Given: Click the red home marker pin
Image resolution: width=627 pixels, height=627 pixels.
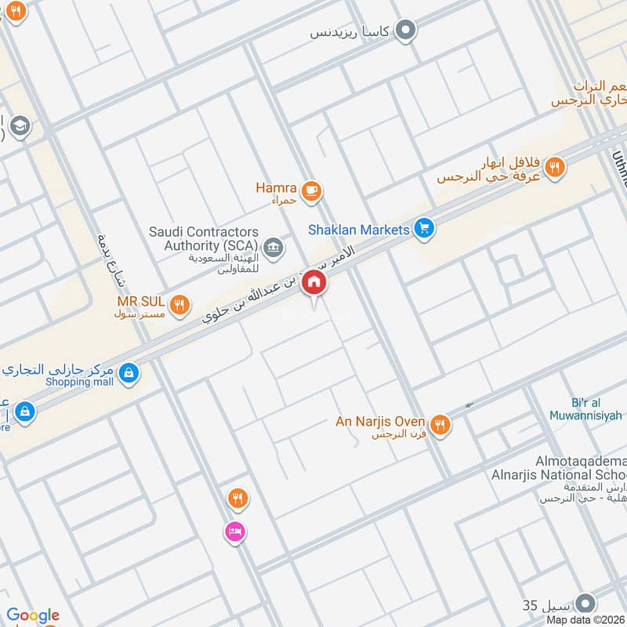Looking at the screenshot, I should pos(314,282).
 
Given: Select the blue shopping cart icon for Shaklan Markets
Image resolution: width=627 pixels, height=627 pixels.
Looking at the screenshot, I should pos(424,229).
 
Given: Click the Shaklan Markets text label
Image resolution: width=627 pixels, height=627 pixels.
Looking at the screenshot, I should pos(359,230).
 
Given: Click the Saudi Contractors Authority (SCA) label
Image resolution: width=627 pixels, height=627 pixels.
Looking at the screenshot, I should pos(204,239).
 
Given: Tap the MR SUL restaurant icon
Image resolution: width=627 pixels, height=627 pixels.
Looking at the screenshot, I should pos(179,304).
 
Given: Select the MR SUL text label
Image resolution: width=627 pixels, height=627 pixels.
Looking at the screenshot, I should pos(140,301).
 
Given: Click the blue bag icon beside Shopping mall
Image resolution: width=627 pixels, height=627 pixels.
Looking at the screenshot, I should pos(129,374).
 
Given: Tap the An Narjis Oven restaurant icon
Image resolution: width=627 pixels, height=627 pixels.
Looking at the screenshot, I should pos(440,423).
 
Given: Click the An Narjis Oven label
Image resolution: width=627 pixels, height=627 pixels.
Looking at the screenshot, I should pos(380,422).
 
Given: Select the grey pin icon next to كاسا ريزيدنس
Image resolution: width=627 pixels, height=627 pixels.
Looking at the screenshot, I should pos(405,31).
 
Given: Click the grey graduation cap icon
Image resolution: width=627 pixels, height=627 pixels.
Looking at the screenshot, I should pos(20,125).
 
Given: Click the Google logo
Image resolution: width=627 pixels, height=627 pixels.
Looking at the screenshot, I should pos(33,615).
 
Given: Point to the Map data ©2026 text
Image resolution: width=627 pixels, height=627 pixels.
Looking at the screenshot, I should pos(584,620).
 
